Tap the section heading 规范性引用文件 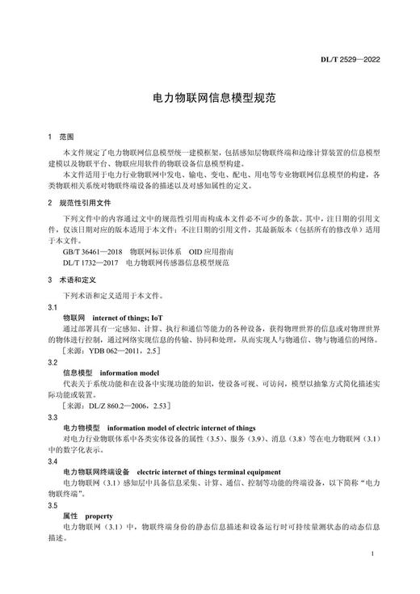(88, 204)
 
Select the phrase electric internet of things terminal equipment (209, 471)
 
